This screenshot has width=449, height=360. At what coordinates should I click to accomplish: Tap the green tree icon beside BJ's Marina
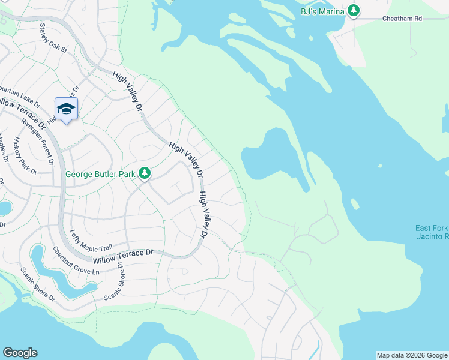click(354, 10)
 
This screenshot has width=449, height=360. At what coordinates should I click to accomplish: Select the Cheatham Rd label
click(402, 19)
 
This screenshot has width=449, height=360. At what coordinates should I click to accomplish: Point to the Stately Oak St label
click(53, 38)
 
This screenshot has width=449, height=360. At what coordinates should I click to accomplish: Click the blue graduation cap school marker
click(66, 109)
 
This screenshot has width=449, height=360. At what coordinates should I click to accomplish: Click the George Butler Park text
click(100, 174)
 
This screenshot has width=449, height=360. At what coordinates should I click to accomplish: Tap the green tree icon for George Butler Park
click(144, 173)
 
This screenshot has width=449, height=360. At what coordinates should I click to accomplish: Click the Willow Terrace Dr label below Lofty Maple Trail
click(123, 257)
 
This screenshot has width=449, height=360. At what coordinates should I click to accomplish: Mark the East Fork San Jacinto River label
click(431, 232)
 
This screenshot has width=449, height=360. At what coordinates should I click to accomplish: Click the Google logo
click(20, 353)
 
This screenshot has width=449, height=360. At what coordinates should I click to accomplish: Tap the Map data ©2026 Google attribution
click(412, 355)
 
